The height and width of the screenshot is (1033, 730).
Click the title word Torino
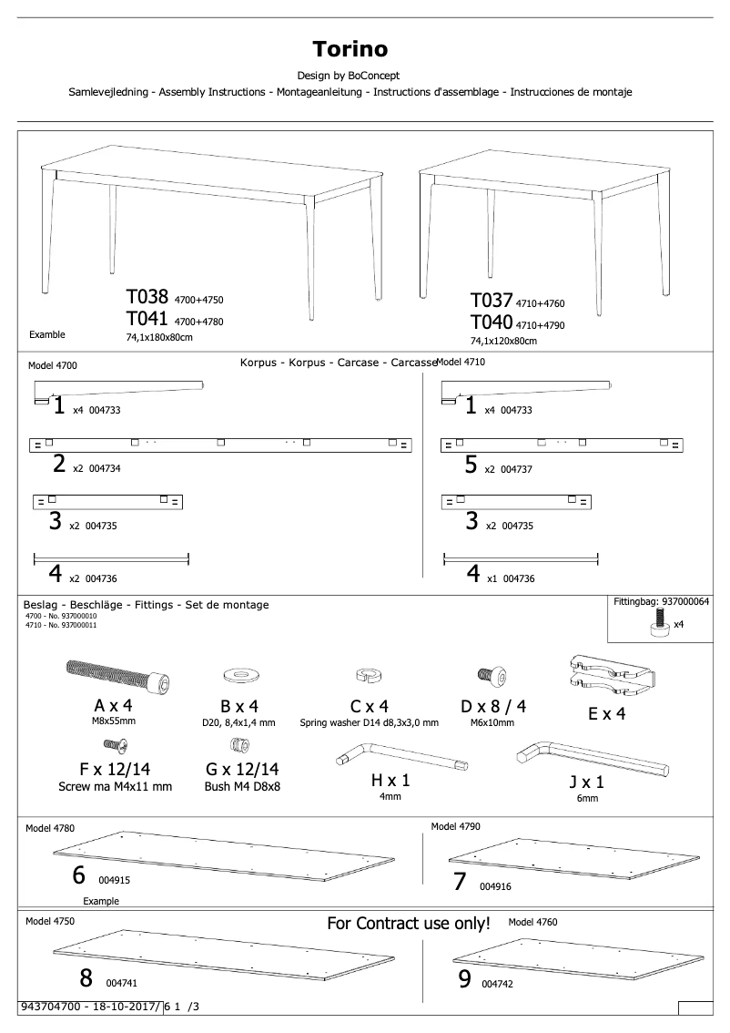[x=350, y=48]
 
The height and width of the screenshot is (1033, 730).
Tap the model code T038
[x=147, y=298]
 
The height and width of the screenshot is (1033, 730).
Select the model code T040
[x=492, y=323]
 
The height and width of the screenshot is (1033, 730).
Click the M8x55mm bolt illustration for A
[x=119, y=677]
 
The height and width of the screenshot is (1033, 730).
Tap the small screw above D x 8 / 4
[x=486, y=674]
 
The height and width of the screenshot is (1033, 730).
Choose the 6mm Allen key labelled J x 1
[x=591, y=759]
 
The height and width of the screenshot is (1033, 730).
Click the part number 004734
[x=106, y=468]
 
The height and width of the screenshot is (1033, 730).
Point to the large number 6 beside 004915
[x=79, y=875]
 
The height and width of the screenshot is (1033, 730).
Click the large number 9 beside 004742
[x=464, y=980]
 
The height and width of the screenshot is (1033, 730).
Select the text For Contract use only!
[x=408, y=924]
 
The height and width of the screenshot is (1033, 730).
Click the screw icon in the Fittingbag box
[x=660, y=626]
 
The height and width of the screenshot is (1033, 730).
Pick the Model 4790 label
[x=455, y=827]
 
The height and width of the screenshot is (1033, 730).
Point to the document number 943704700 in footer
[x=53, y=1006]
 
